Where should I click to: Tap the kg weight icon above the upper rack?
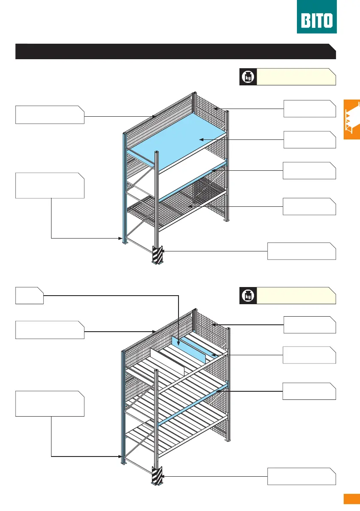[x=247, y=77]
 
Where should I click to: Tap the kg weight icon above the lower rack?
[x=248, y=295]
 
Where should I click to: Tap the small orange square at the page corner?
[x=351, y=499]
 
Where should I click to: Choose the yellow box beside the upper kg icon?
[x=296, y=77]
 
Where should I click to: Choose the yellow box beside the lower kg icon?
[x=296, y=295]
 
